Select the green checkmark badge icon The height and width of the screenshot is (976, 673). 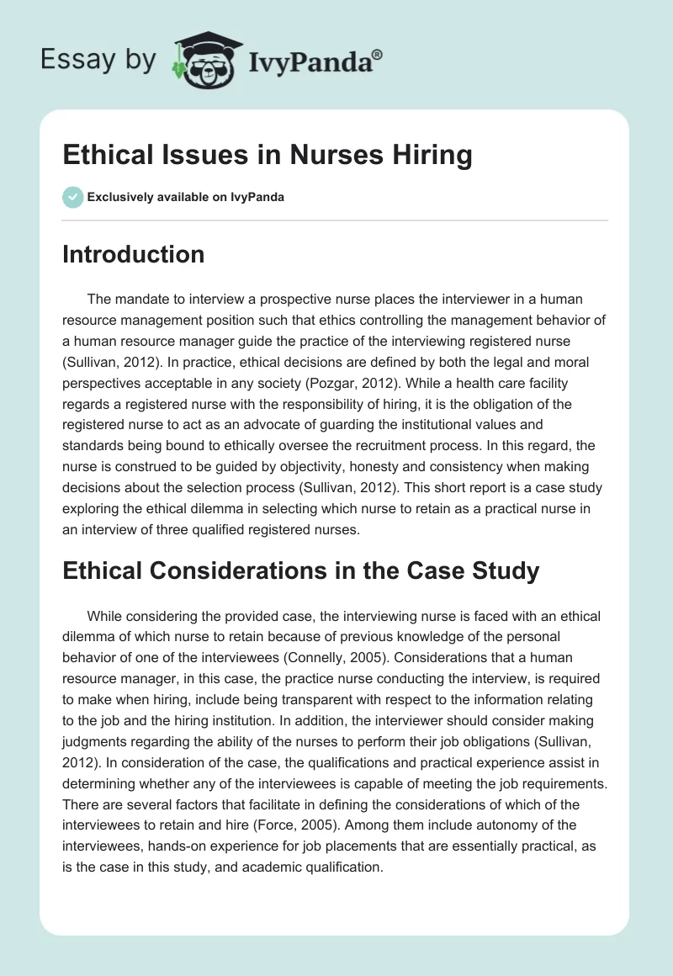tap(72, 197)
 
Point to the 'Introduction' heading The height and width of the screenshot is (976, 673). tap(133, 254)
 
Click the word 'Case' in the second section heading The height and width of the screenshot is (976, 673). tap(448, 570)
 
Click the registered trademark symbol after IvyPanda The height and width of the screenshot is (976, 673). tap(378, 53)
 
